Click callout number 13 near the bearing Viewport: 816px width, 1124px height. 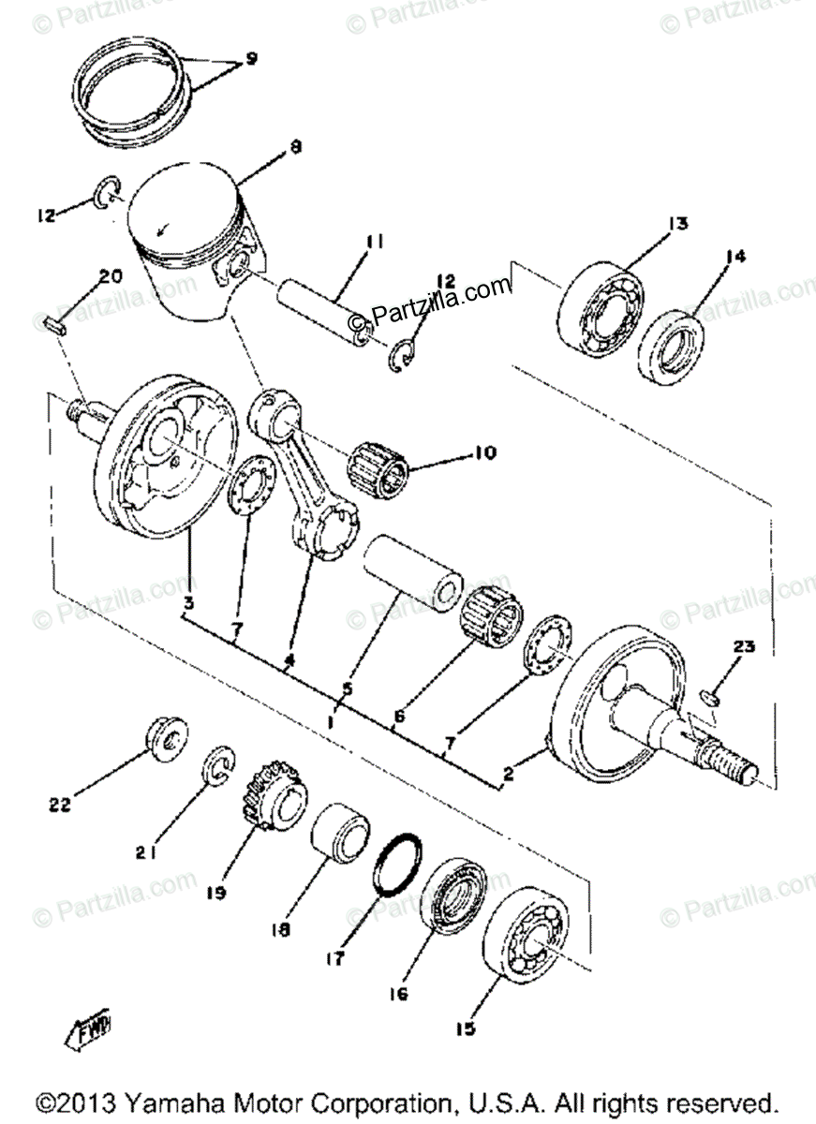click(x=677, y=223)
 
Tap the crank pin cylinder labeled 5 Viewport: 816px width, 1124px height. click(x=412, y=576)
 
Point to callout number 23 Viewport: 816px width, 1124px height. click(x=742, y=646)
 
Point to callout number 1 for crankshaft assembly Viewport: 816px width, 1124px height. click(x=332, y=722)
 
